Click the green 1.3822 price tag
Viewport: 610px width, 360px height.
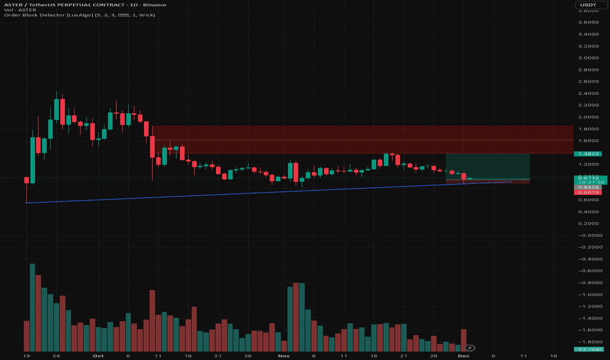pos(586,154)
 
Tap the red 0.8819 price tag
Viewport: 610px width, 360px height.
pos(586,192)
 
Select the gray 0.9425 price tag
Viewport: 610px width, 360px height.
pos(586,186)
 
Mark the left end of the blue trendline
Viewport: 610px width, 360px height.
pos(26,203)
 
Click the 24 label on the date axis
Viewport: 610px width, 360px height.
pos(57,356)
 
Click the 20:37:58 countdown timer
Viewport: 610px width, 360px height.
pos(586,183)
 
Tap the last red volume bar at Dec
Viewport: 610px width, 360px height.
pos(464,340)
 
